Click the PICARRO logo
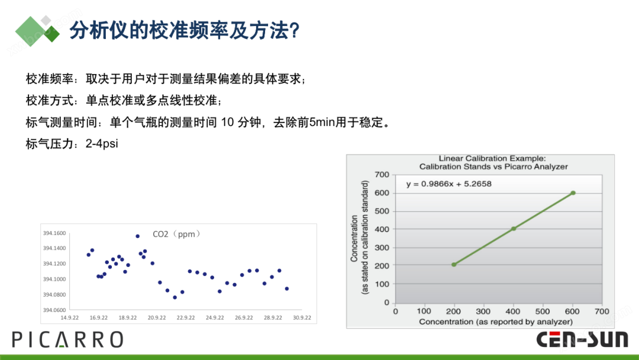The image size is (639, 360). coord(67,340)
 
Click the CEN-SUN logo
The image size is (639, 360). coord(582,340)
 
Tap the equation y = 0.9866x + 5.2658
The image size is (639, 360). coord(448,184)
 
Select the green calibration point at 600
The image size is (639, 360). coord(573,193)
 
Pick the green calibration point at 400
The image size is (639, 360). coord(514,229)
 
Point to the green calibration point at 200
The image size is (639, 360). coord(454,265)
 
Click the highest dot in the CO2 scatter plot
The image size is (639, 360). coord(137,236)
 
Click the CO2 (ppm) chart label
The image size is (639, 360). coord(176,234)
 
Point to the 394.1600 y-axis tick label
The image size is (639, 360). coord(54,233)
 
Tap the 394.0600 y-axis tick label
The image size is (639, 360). coord(54,310)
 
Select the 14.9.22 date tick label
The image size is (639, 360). coord(70,317)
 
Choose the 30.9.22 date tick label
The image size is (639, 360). coord(302,317)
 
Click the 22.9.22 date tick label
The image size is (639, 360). coord(186,317)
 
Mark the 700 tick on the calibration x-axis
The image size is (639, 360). coord(602,311)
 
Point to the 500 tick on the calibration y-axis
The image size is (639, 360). coord(382,211)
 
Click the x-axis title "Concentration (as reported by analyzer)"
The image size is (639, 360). coord(496,322)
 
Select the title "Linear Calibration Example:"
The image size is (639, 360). coord(492,158)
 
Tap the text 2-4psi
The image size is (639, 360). coord(102,143)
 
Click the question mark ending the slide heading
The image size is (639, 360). coord(295,31)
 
